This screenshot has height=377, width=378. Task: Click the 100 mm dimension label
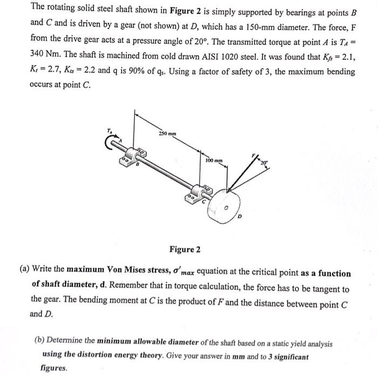coord(214,160)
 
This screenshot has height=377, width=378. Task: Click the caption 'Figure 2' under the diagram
coord(185,249)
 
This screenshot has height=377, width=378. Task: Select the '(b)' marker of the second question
coord(39,342)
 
